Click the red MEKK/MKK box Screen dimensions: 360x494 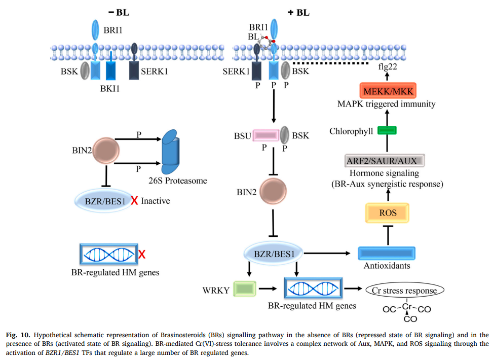(x=388, y=91)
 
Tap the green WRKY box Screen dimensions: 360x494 (x=243, y=289)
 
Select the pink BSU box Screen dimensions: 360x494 (x=266, y=135)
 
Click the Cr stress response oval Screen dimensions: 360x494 (x=405, y=291)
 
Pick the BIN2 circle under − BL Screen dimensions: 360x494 (x=105, y=150)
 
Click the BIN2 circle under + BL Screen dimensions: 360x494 (x=273, y=193)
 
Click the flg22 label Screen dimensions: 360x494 (x=388, y=66)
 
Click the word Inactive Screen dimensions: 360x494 (x=156, y=201)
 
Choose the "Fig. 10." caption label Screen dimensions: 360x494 (x=18, y=335)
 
